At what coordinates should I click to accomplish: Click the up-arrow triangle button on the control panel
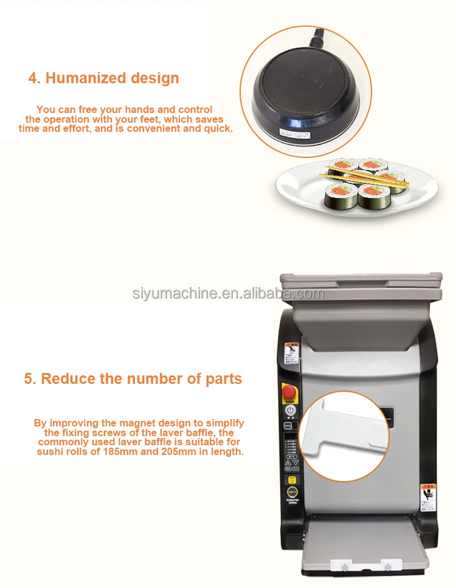[x=286, y=462]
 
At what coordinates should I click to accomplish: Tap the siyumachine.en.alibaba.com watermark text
[x=228, y=294]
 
